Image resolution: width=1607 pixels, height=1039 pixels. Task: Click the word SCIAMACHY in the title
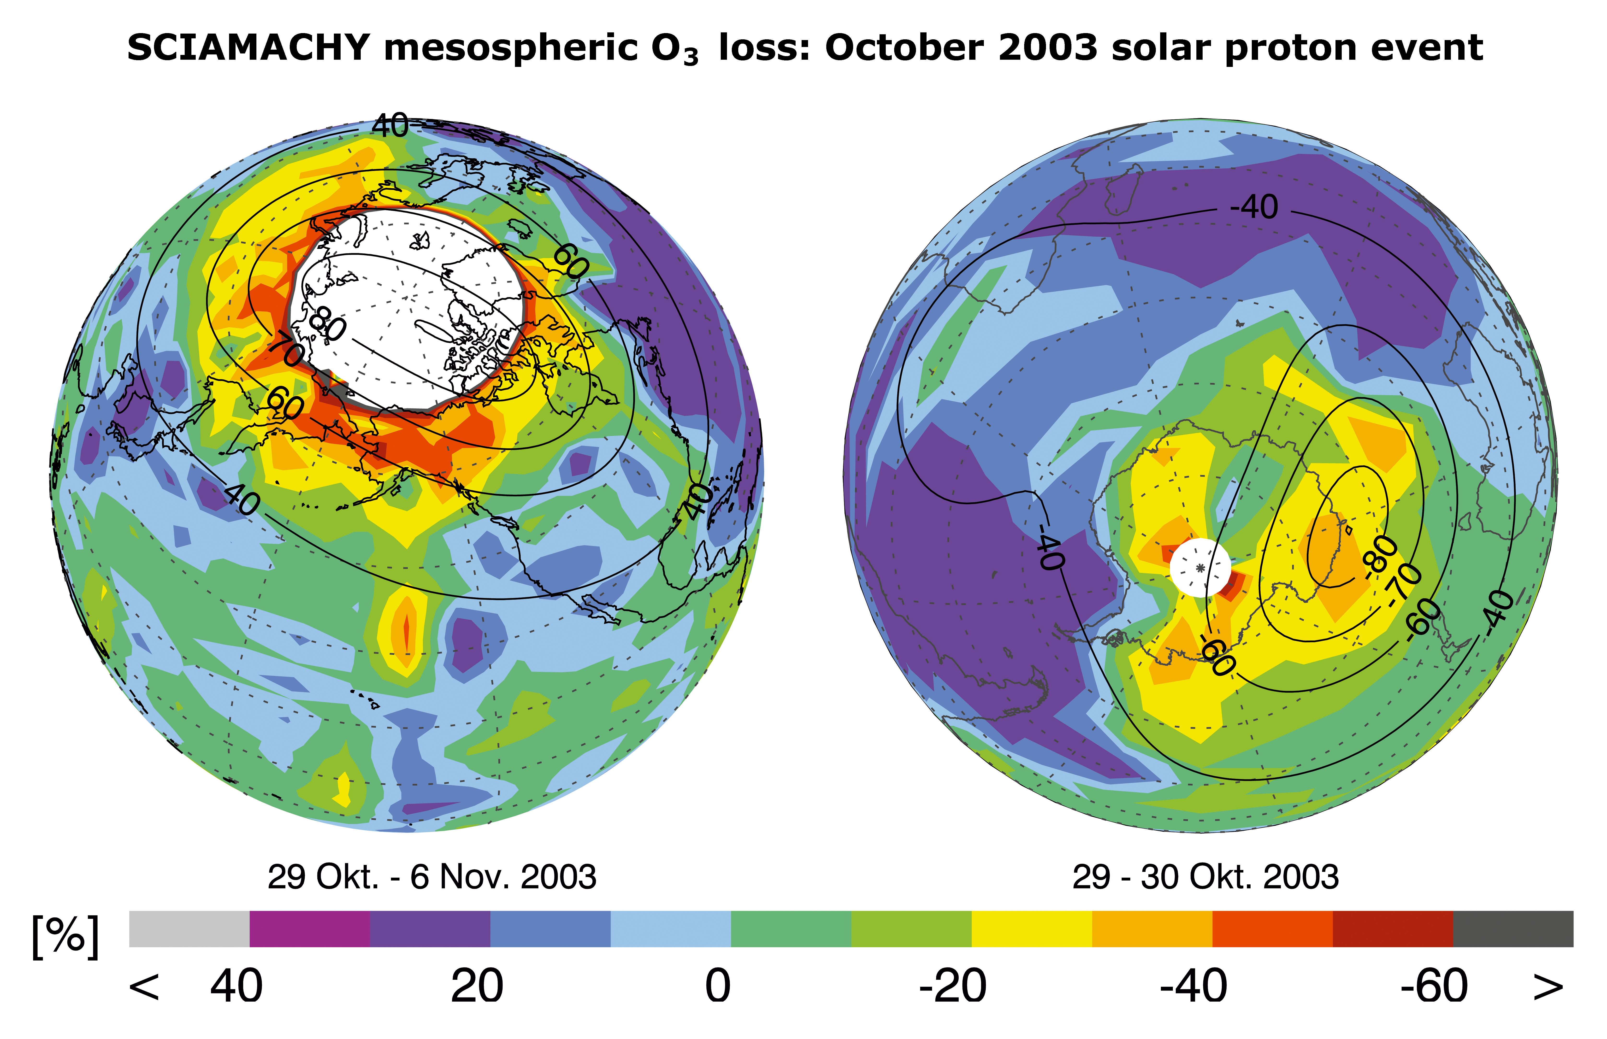click(x=248, y=48)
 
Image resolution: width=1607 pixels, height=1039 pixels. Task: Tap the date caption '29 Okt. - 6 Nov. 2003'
click(x=432, y=877)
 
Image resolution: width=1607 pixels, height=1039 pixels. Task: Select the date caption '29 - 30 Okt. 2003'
click(x=1205, y=877)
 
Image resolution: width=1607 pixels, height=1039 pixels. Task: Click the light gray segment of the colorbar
click(x=189, y=929)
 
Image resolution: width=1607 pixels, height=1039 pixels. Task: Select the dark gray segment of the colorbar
click(x=1512, y=929)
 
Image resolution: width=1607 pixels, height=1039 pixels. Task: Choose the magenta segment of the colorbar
click(x=310, y=929)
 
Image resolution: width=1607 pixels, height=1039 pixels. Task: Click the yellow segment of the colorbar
click(x=1032, y=929)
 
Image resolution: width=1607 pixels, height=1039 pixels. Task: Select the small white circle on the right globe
click(x=1199, y=567)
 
